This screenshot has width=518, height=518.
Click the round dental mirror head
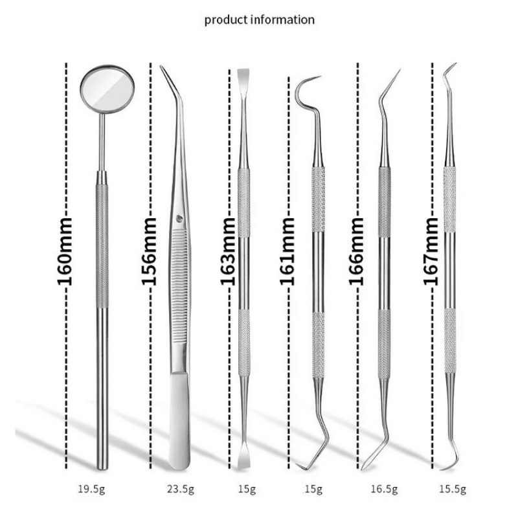[107, 89]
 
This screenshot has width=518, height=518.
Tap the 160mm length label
[65, 251]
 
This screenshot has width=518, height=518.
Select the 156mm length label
[150, 251]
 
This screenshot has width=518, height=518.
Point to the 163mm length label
[228, 251]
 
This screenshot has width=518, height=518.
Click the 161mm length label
[287, 251]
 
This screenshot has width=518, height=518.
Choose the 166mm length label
[357, 251]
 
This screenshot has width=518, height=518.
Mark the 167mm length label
[431, 251]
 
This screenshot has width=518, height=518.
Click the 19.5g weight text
[91, 489]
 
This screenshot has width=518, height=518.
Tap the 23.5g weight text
[181, 489]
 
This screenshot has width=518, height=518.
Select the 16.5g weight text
[384, 489]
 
